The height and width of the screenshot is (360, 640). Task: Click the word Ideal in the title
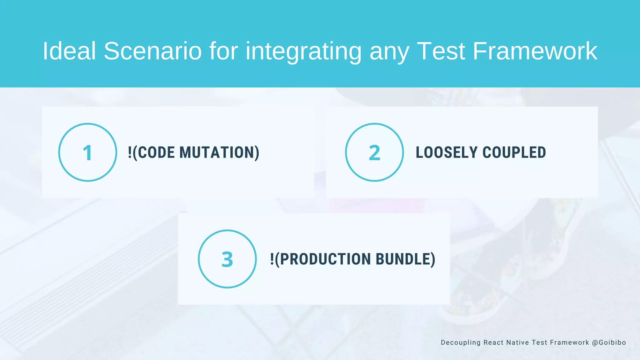click(69, 51)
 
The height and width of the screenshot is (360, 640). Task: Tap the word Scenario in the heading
click(153, 51)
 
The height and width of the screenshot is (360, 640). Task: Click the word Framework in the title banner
click(535, 51)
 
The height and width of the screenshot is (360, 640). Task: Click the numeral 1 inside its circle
click(87, 153)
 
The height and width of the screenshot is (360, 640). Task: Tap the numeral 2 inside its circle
click(374, 153)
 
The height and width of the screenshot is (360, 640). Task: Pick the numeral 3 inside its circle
click(227, 259)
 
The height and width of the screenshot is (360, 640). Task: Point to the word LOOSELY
click(447, 152)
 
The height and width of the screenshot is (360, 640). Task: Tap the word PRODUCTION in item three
click(325, 259)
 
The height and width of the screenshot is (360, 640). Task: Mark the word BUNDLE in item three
click(403, 259)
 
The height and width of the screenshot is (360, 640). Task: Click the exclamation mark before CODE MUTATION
click(130, 152)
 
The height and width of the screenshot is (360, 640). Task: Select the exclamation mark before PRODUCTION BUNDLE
click(272, 259)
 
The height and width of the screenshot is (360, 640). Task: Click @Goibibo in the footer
click(609, 342)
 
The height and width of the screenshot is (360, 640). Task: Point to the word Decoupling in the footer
click(461, 342)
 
